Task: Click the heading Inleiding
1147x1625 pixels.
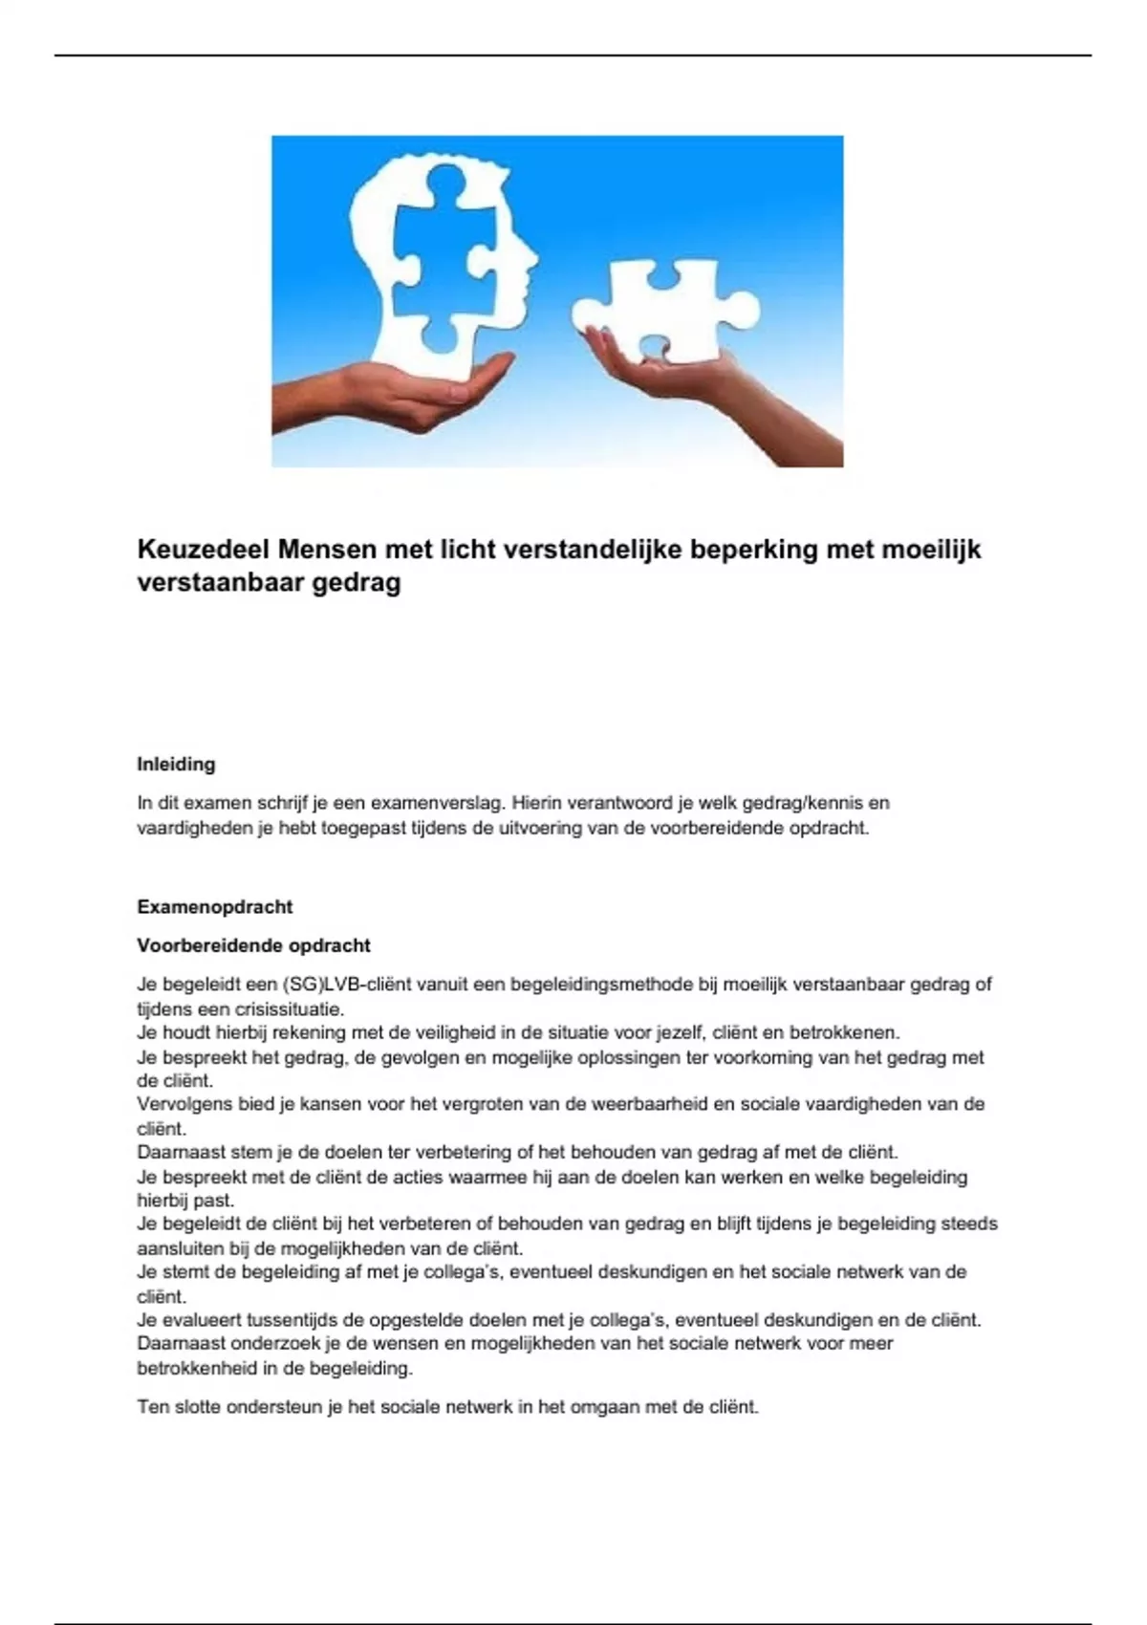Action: (176, 765)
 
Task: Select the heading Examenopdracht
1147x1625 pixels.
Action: (214, 907)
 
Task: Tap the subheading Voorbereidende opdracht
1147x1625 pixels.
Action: (253, 945)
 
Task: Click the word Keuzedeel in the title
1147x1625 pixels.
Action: (203, 550)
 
